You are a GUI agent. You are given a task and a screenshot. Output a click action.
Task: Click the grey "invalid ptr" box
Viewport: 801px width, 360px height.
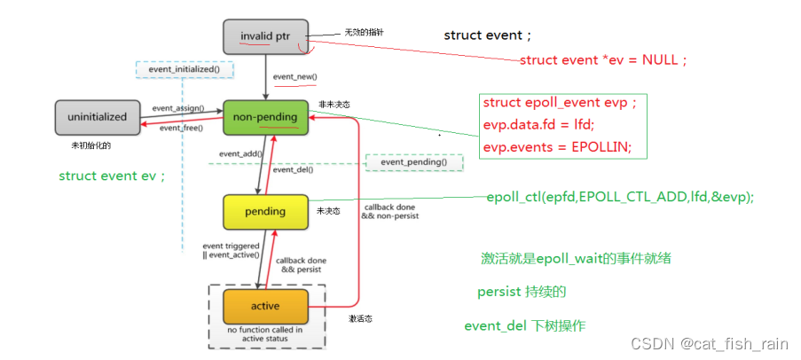click(265, 36)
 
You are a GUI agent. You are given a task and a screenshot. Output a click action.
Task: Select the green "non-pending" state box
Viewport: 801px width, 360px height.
click(265, 116)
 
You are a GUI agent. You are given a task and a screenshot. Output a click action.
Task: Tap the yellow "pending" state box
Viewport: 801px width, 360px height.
click(265, 211)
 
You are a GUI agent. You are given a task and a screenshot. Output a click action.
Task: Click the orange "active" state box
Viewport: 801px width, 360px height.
click(265, 306)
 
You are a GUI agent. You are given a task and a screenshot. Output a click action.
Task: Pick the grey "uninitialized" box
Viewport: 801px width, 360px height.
click(98, 116)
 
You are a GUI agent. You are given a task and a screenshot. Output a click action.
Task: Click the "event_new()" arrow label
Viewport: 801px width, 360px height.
click(294, 77)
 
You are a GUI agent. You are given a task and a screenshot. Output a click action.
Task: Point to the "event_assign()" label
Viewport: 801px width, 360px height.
click(177, 108)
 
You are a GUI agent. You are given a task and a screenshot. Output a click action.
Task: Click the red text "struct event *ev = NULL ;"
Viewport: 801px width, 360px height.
click(602, 59)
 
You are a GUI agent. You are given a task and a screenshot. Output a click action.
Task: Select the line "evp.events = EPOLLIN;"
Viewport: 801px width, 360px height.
click(557, 146)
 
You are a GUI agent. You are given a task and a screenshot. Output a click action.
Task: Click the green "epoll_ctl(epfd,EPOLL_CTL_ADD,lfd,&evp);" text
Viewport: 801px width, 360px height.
click(620, 196)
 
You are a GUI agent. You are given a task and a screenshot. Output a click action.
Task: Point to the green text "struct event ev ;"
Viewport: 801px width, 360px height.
click(112, 176)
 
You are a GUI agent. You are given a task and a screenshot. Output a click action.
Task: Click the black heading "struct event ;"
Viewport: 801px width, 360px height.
click(487, 35)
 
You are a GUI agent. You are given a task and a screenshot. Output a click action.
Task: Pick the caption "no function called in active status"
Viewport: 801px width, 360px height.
click(265, 333)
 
